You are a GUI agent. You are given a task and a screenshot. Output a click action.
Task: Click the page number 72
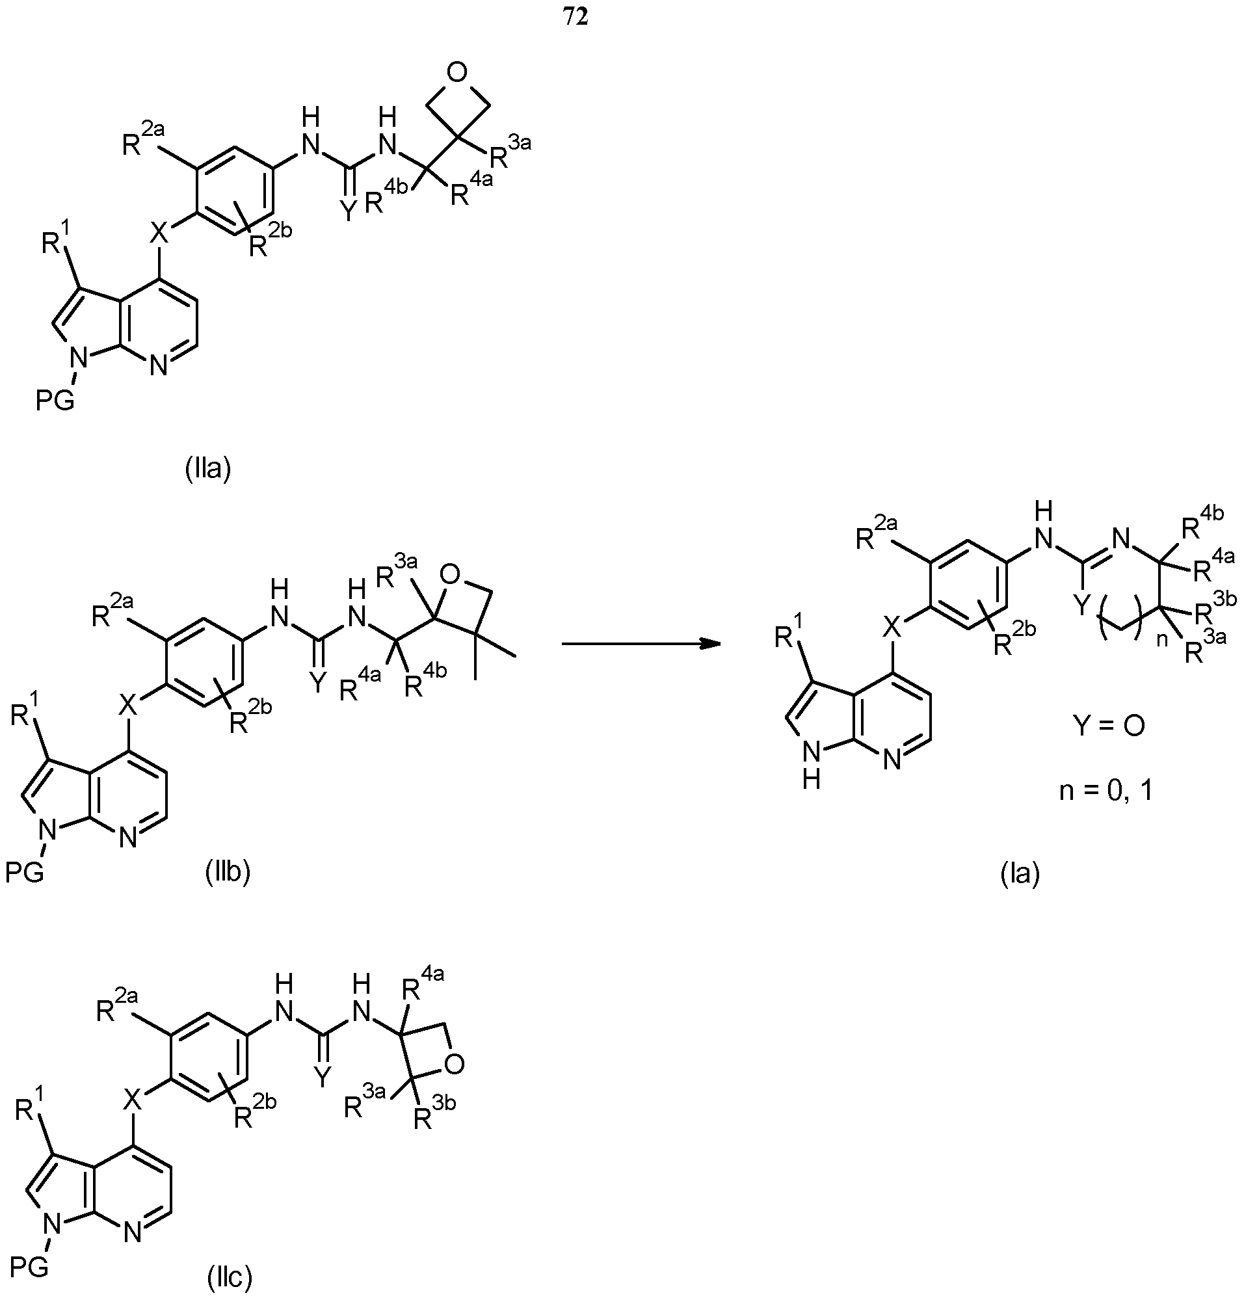point(576,18)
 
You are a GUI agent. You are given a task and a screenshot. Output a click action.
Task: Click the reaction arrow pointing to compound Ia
point(641,644)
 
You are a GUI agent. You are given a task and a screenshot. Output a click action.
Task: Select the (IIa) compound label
point(207,469)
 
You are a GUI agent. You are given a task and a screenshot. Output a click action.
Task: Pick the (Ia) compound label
point(1020,874)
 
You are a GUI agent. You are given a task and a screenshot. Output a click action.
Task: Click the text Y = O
point(1109,726)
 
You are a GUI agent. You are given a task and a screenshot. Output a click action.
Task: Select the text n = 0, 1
point(1106,791)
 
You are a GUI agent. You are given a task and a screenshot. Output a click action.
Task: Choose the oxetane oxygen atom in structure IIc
point(453,1065)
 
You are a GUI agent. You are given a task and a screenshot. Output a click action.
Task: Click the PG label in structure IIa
point(55,401)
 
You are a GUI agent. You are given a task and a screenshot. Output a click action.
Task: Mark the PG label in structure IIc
point(29,1267)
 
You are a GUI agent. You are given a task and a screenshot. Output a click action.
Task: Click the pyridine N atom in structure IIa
point(158,365)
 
